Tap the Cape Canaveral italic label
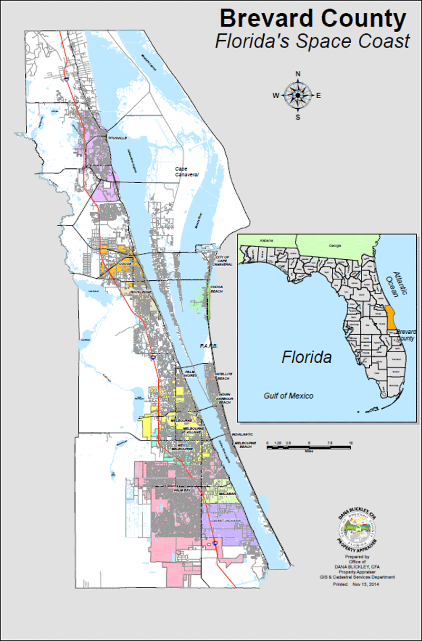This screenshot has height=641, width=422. pos(187,172)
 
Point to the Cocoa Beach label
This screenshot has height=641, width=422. pos(217,289)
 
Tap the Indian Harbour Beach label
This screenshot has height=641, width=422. pos(225,399)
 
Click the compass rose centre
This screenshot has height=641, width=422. pos(298,95)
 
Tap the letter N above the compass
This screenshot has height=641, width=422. pos(298,73)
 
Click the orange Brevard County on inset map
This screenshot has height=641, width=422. pos(390,317)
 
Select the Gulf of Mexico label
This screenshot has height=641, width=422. pos(288,396)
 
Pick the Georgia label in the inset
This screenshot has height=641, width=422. pos(334,246)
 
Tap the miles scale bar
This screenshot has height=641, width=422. pos(309,447)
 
